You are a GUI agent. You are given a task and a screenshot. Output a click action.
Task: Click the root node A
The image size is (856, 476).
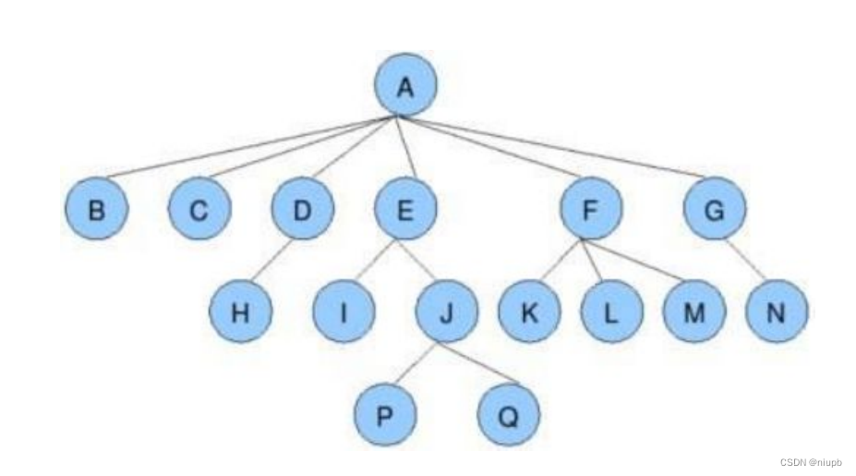pyautogui.click(x=404, y=87)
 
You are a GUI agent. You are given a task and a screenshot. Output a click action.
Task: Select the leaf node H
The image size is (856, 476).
pyautogui.click(x=240, y=311)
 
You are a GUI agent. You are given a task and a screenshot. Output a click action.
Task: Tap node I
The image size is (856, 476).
pyautogui.click(x=344, y=311)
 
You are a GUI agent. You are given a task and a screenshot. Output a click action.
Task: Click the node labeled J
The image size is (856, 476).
pyautogui.click(x=446, y=311)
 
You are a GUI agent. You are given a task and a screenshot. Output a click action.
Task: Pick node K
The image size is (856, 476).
pyautogui.click(x=529, y=311)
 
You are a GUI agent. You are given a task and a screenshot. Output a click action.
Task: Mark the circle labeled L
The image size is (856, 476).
pyautogui.click(x=611, y=311)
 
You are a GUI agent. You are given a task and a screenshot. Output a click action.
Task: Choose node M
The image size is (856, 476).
pyautogui.click(x=693, y=311)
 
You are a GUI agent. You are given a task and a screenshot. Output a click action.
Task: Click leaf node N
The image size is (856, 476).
pyautogui.click(x=776, y=311)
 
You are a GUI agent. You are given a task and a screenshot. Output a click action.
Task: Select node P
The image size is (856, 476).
pyautogui.click(x=384, y=414)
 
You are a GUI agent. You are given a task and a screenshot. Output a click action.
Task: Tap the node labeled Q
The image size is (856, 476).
pyautogui.click(x=508, y=414)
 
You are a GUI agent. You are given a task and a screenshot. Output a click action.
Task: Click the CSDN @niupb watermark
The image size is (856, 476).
pyautogui.click(x=811, y=462)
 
